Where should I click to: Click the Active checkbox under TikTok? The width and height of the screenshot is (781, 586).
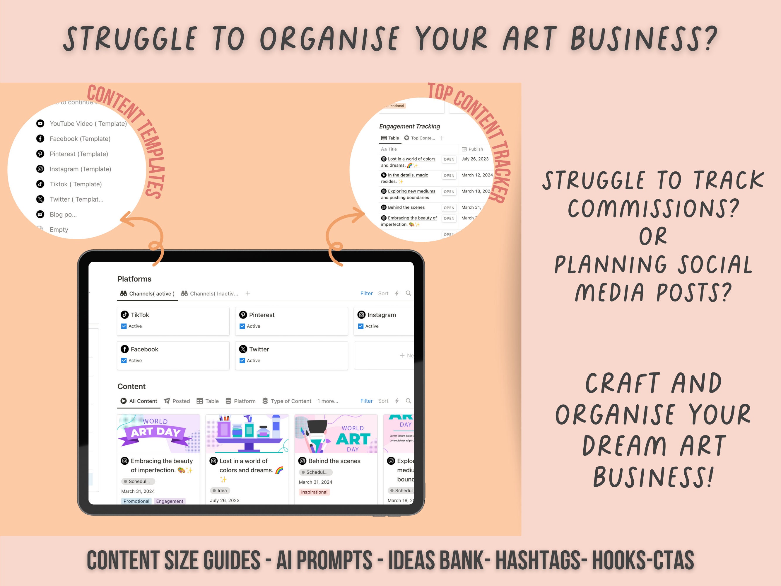click(x=124, y=326)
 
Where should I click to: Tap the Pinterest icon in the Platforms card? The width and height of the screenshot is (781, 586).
click(x=243, y=315)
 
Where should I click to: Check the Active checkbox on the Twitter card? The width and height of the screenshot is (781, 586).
click(x=242, y=360)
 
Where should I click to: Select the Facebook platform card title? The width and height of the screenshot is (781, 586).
click(x=144, y=349)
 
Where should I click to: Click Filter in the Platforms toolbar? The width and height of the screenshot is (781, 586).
click(x=366, y=294)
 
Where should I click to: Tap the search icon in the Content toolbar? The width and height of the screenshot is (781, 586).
click(x=408, y=401)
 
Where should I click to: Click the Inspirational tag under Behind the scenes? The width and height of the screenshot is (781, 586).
click(x=314, y=492)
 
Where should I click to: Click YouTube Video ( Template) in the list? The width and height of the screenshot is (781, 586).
click(x=88, y=124)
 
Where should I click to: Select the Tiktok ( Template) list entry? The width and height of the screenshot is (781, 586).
click(x=76, y=184)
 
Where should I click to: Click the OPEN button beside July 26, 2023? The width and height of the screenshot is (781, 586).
click(x=449, y=159)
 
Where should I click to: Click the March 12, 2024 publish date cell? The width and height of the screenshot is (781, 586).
click(x=477, y=175)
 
